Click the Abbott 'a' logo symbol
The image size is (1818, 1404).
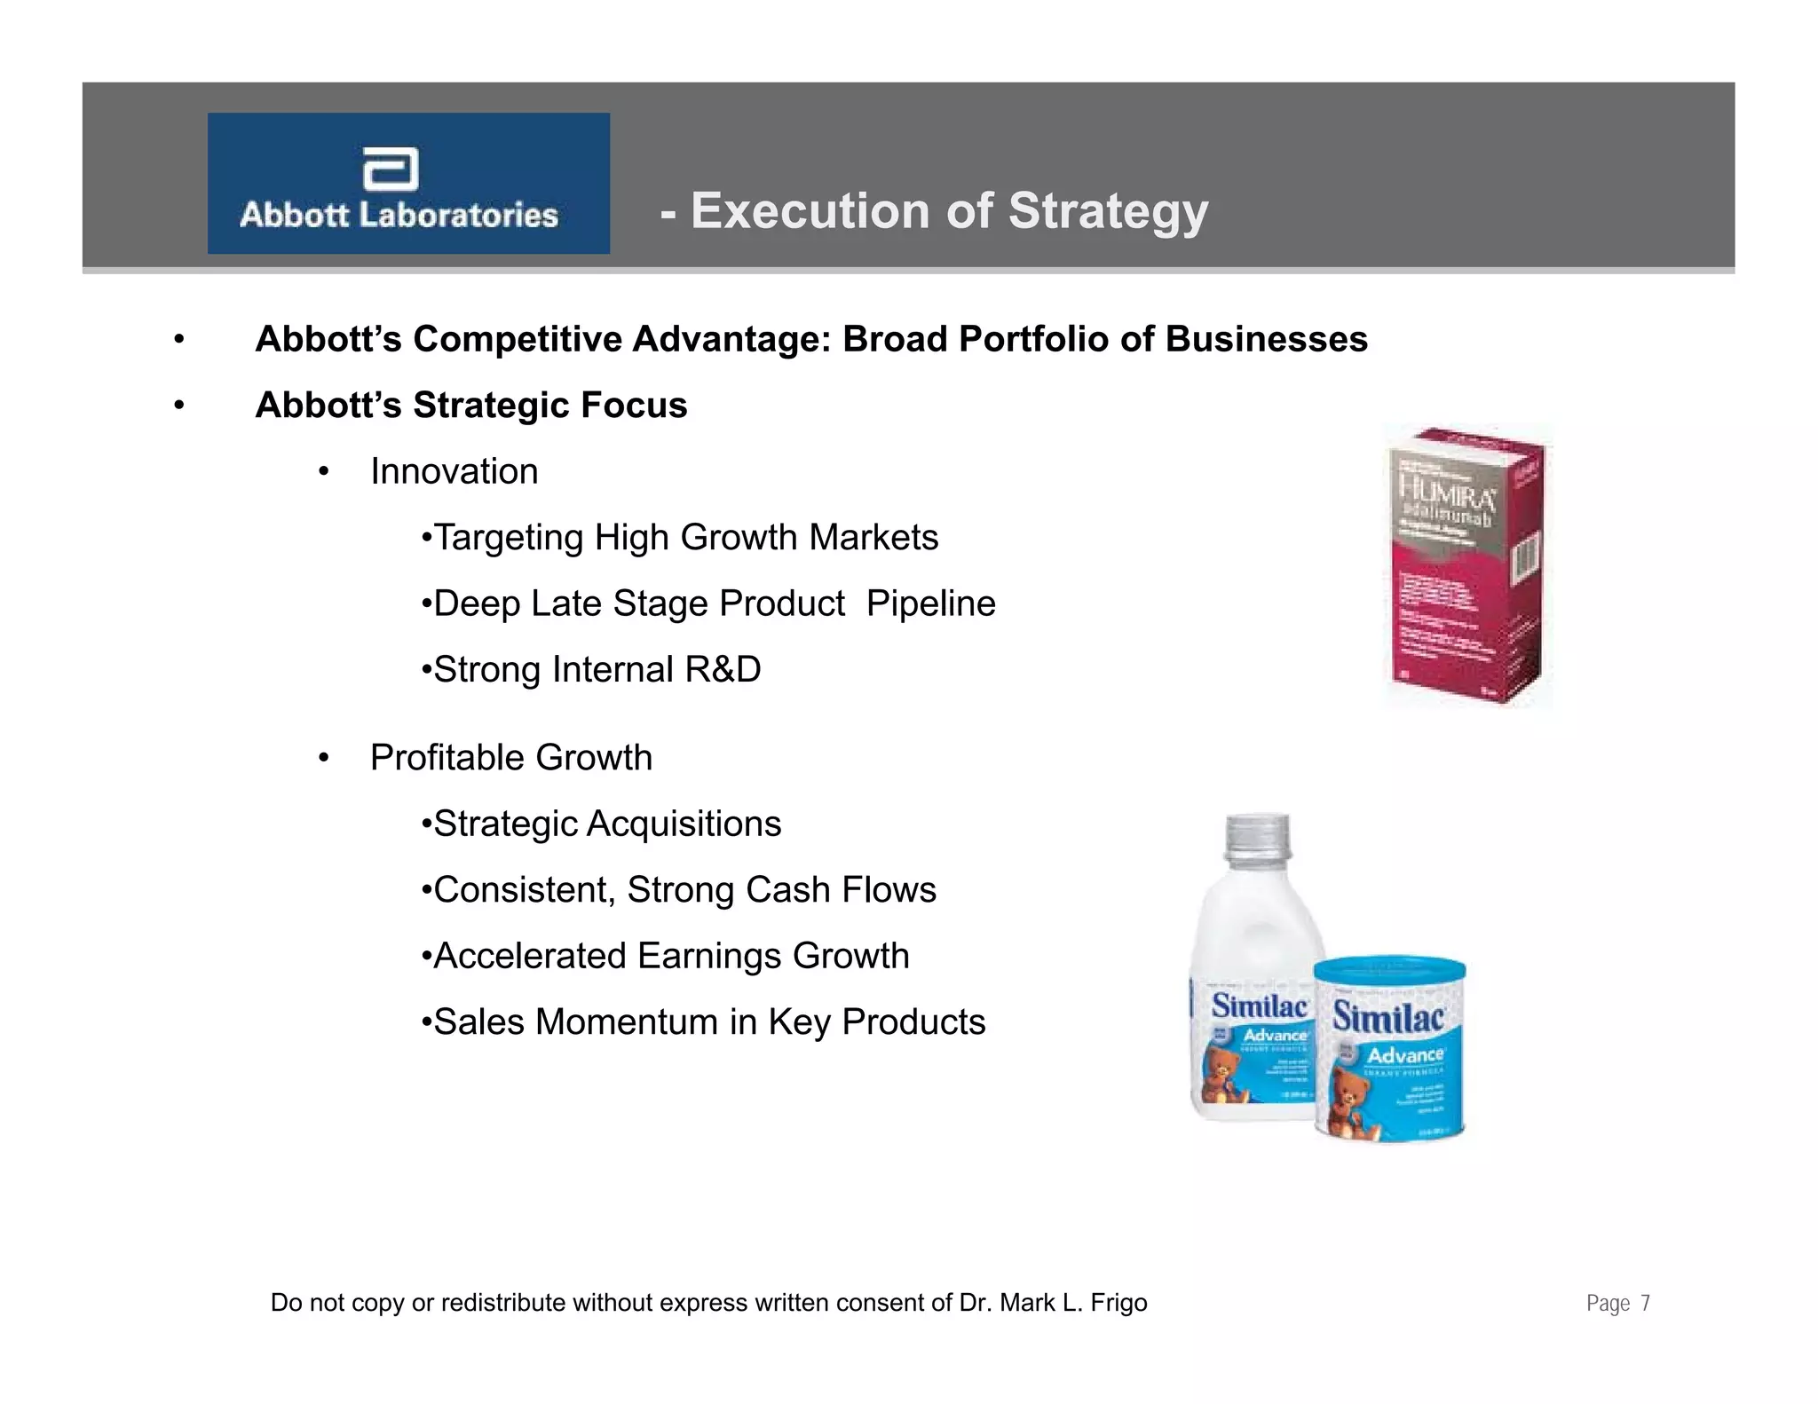pos(391,169)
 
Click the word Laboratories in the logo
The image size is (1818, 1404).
pos(458,215)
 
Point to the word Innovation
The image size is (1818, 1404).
pos(454,471)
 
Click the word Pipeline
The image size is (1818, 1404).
pos(930,603)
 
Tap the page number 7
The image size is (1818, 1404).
pos(1645,1303)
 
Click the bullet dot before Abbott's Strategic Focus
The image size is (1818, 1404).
pos(179,406)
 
